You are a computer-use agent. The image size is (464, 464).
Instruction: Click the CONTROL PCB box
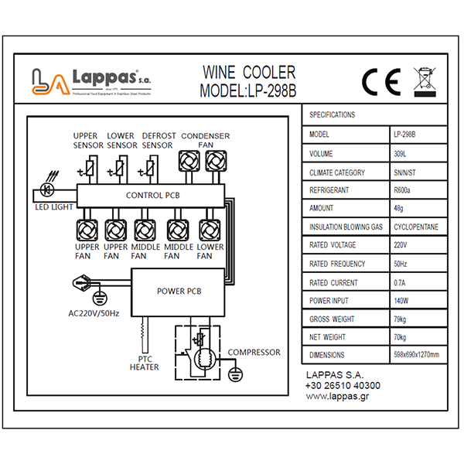coord(152,196)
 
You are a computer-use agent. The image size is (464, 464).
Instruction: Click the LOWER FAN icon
coord(210,230)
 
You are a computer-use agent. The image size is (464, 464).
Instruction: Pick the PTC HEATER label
coord(144,363)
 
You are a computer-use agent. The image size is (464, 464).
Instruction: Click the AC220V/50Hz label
coord(92,315)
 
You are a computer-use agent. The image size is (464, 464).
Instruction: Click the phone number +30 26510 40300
coord(343,385)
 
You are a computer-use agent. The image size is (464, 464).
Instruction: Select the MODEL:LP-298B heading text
coord(247,90)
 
